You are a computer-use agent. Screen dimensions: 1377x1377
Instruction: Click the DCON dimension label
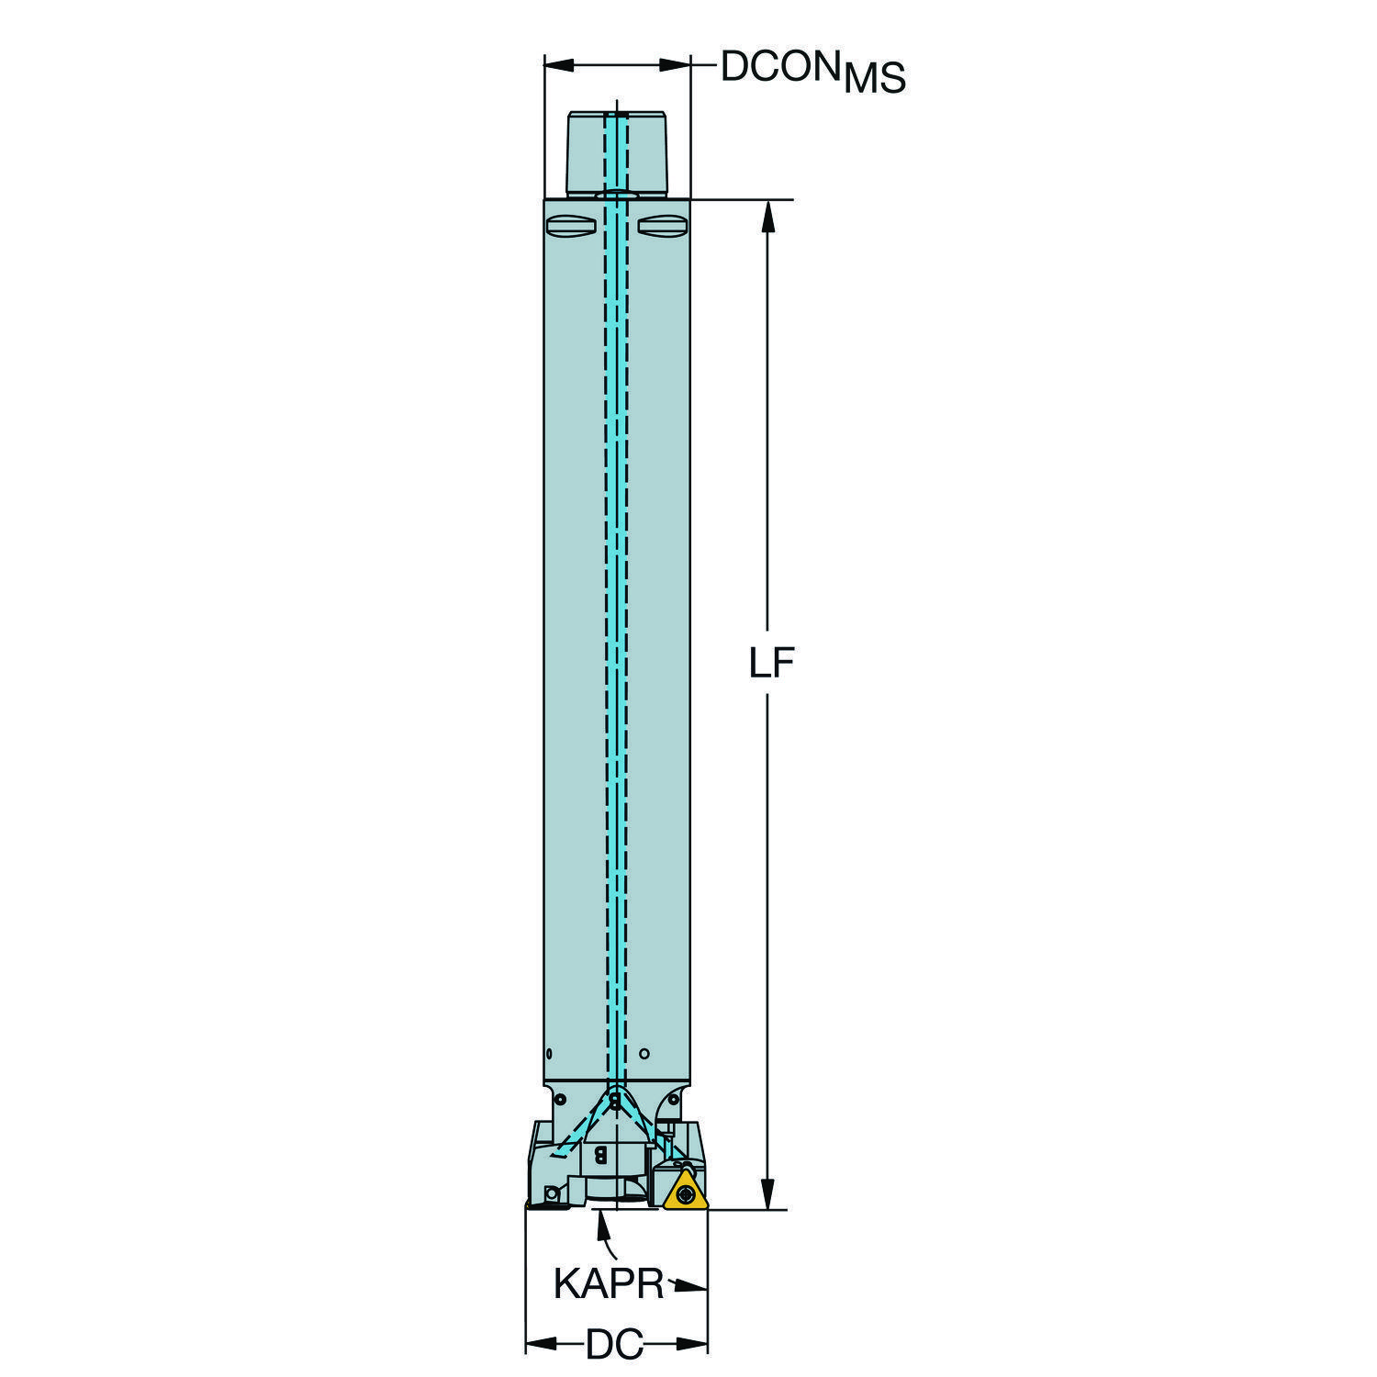pos(781,66)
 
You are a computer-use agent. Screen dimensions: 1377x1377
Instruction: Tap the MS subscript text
pos(875,79)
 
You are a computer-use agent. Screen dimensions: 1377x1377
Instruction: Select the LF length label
pos(770,663)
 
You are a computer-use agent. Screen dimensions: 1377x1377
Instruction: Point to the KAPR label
pos(608,1283)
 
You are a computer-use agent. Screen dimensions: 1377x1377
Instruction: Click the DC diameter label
pos(614,1345)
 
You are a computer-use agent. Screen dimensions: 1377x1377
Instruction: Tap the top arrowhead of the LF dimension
pos(767,217)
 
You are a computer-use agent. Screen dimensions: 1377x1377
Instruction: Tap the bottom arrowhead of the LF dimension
pos(767,1192)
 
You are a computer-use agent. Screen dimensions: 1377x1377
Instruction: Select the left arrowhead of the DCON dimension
pos(560,64)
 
